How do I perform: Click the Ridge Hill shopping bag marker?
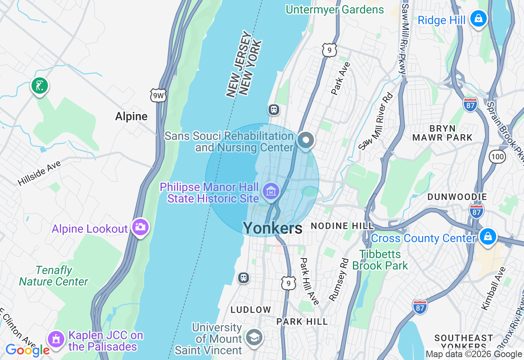pos(478,18)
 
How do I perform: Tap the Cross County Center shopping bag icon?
pos(488,237)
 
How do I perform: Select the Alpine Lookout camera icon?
pos(140,227)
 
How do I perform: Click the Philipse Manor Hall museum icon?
pos(271,191)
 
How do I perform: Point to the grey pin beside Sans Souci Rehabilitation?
pos(306,140)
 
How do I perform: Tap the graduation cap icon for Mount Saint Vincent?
pos(254,337)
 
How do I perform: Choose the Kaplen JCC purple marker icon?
pos(56,339)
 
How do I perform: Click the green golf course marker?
pos(40,86)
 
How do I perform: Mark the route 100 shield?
pos(497,156)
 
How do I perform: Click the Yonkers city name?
pos(273,228)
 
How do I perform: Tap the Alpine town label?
pos(131,117)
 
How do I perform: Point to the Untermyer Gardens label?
pos(335,9)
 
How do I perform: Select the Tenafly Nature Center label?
pos(54,276)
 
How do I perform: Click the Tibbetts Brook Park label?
pos(380,260)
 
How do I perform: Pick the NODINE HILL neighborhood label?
pos(342,226)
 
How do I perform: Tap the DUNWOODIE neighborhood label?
pos(457,197)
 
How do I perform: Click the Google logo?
pos(27,350)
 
